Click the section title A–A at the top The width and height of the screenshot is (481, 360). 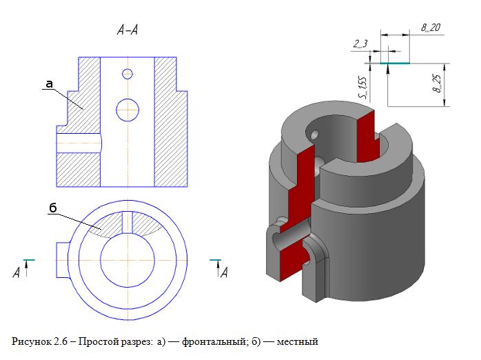[130, 30]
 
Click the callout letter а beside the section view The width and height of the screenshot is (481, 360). [49, 84]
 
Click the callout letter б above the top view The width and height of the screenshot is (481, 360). [52, 206]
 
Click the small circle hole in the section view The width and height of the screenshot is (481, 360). [127, 74]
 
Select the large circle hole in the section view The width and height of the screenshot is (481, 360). [127, 108]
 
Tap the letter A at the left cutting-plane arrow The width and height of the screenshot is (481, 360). [16, 273]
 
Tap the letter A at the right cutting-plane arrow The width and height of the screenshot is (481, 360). [223, 273]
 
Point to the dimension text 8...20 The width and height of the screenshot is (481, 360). [431, 28]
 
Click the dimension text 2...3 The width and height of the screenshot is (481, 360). [360, 45]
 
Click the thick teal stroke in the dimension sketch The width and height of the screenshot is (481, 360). [395, 63]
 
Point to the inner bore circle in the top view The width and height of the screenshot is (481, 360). [127, 260]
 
